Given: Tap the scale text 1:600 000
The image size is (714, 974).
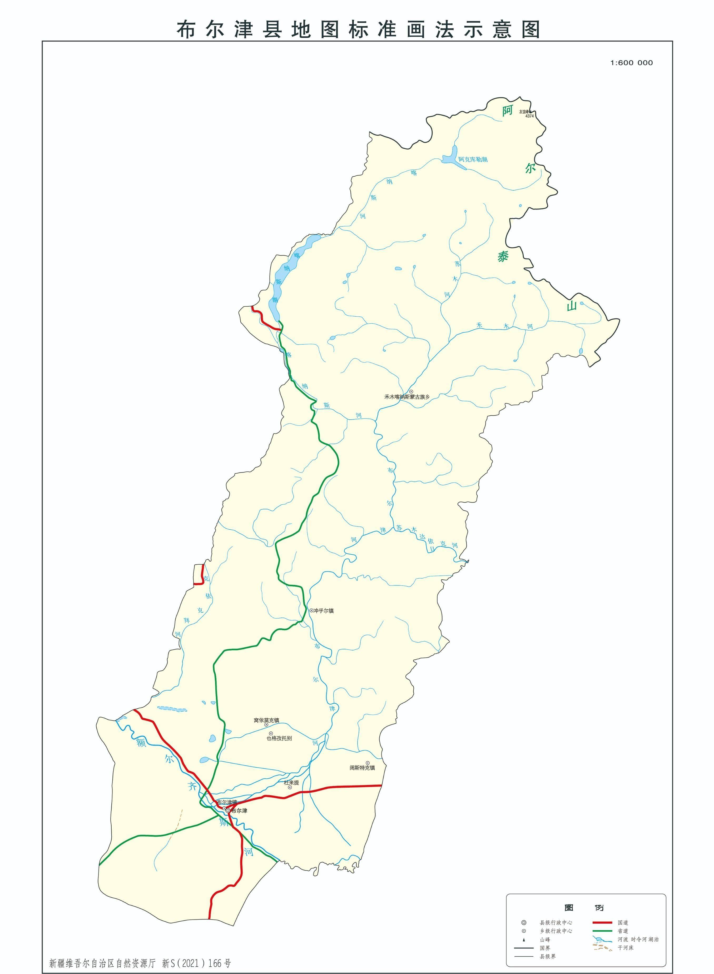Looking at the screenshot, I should (631, 63).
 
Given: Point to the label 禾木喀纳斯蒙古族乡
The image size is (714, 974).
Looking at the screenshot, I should (407, 396).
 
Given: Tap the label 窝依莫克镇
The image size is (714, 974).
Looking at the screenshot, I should (266, 720).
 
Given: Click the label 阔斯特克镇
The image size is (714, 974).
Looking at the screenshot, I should (362, 768).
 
